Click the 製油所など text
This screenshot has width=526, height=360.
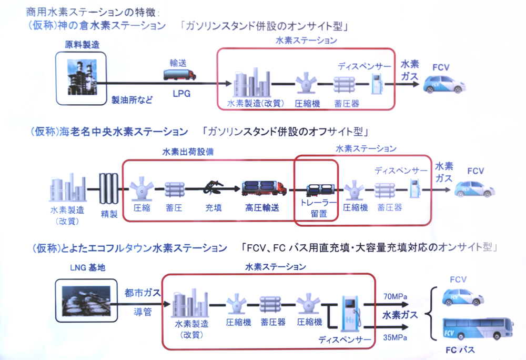(131, 100)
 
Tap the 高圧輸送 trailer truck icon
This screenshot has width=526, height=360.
(264, 188)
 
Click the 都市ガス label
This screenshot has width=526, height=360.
(139, 293)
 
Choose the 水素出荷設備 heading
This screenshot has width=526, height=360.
(184, 152)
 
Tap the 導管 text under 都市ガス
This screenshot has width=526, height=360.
(139, 313)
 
